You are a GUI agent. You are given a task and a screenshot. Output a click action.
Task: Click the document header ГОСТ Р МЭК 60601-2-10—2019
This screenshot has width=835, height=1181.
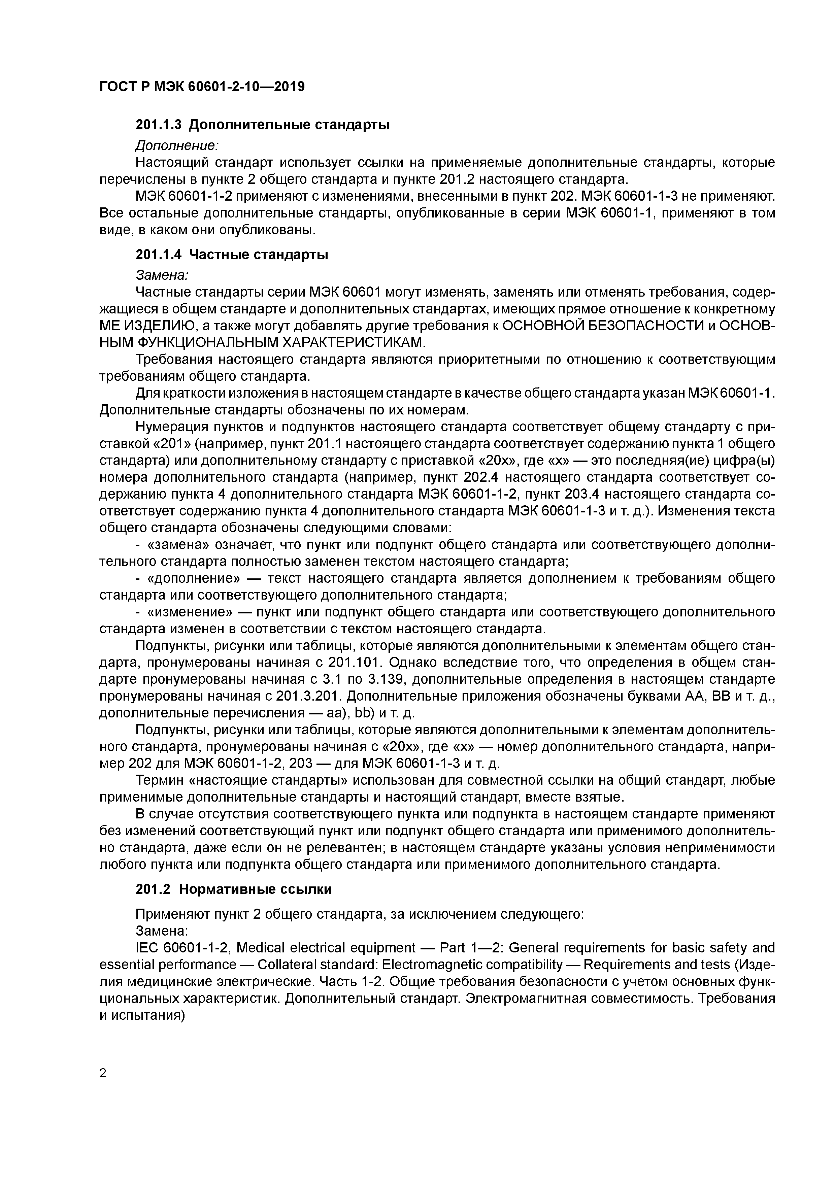pyautogui.click(x=202, y=87)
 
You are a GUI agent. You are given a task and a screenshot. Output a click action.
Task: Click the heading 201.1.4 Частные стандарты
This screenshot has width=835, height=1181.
pyautogui.click(x=232, y=255)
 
